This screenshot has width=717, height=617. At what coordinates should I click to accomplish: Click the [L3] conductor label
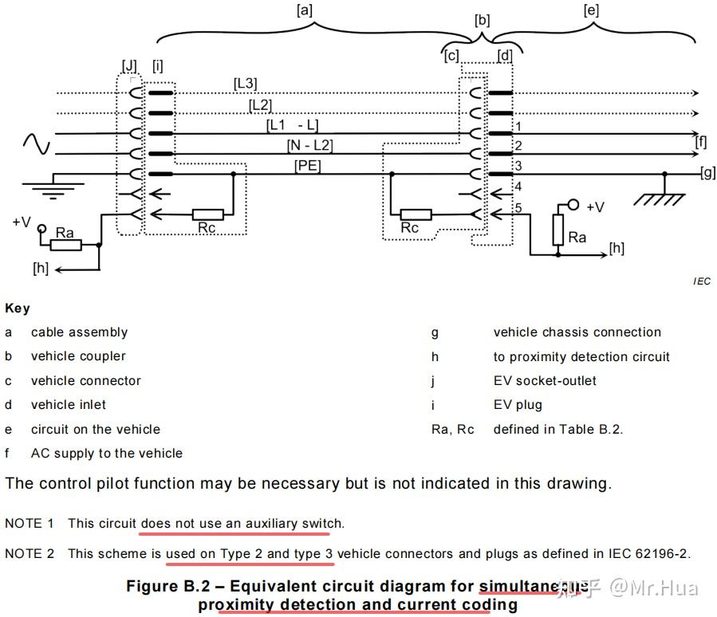coord(245,83)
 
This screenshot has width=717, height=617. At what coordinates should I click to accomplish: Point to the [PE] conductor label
coord(307,165)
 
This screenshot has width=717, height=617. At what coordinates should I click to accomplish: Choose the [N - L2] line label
coord(309,145)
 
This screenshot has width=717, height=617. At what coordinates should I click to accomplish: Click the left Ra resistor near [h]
coord(65,246)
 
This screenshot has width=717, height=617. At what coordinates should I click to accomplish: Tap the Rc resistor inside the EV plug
coord(208,214)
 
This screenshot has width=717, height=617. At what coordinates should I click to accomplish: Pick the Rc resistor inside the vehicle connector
coord(415,214)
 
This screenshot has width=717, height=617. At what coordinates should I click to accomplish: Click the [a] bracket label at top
coord(303,10)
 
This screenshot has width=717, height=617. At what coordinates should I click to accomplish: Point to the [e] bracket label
coord(591,10)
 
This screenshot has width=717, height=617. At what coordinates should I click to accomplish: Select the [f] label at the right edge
coord(701,142)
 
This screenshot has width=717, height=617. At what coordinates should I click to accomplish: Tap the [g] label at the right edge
coord(707,172)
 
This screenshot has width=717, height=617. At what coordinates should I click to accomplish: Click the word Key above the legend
coord(18,308)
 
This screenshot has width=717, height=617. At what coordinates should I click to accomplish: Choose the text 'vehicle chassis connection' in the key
coord(577,332)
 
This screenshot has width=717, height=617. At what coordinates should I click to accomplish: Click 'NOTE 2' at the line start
coord(30,553)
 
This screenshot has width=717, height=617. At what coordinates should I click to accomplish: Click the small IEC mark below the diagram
coord(702,281)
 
